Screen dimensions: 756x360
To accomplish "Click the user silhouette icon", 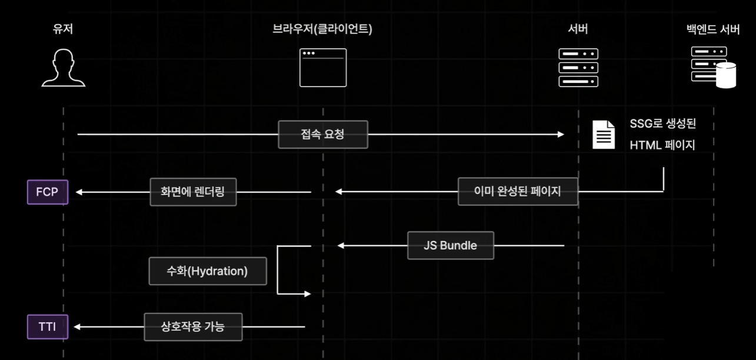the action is point(64,68).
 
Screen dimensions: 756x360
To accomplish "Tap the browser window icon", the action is point(323,68).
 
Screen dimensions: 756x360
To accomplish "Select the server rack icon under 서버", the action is point(578,68).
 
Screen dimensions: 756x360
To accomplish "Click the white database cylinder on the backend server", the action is point(726,75).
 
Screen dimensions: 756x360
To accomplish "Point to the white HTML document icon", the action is point(604,135).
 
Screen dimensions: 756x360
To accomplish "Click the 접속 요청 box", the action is point(323,134).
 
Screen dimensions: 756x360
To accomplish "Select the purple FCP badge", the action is point(48,192).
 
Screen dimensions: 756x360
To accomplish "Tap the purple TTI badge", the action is point(48,326).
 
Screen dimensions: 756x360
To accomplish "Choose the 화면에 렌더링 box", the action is point(193,192).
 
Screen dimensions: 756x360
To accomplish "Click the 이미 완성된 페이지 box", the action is point(518,191).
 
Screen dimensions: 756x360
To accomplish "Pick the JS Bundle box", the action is point(451,245).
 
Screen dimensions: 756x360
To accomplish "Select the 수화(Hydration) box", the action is point(208,271).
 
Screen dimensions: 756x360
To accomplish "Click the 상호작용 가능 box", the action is point(193,326).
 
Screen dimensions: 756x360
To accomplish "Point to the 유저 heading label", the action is point(63,29).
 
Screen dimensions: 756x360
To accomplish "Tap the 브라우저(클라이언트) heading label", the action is point(322,29).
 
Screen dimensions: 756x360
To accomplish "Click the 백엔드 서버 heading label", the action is point(713,29).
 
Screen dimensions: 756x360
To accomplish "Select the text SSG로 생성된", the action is point(663,124).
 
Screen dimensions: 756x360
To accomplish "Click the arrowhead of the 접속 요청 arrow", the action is point(561,134).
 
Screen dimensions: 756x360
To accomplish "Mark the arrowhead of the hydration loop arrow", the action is point(308,294).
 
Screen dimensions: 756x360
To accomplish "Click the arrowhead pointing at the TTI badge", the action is point(77,326).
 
